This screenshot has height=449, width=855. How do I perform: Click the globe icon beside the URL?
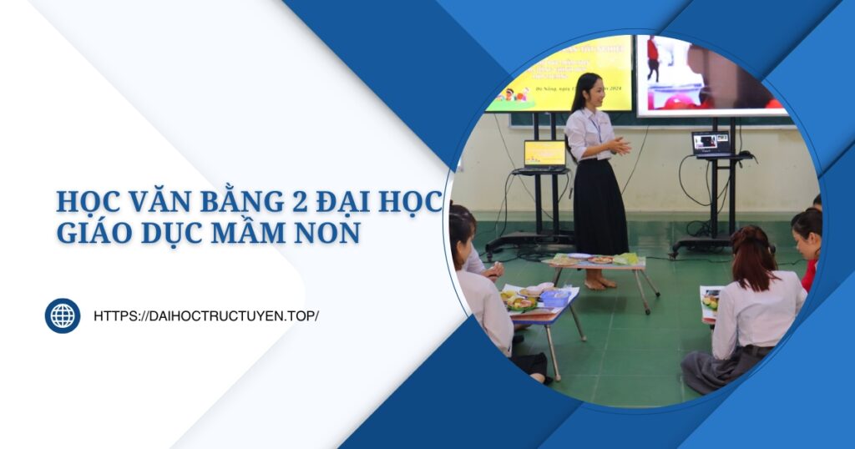[63, 315]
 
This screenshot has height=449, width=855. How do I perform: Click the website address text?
[206, 316]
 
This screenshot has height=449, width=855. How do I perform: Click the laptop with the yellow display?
[544, 155]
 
